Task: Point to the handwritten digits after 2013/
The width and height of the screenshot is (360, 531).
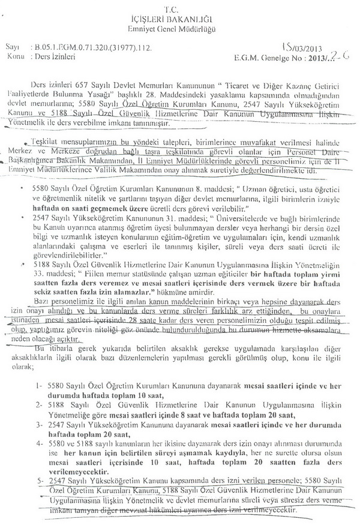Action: (332, 57)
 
